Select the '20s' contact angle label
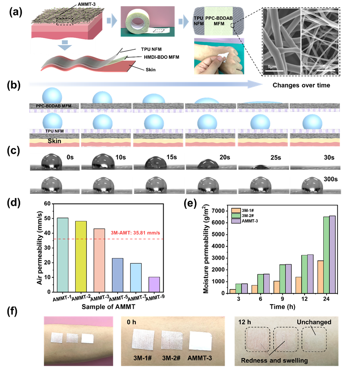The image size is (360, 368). point(224,158)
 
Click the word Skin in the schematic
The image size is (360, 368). point(54,141)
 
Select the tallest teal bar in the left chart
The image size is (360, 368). point(63,255)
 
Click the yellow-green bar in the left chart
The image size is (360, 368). point(81,256)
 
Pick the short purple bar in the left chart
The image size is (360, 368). point(154,284)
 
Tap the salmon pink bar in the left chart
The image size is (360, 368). point(99,260)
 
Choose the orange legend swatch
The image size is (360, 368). point(236,211)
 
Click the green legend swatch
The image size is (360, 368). point(236,216)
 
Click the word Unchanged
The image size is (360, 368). point(314,322)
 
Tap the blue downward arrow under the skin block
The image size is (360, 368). point(65,46)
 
